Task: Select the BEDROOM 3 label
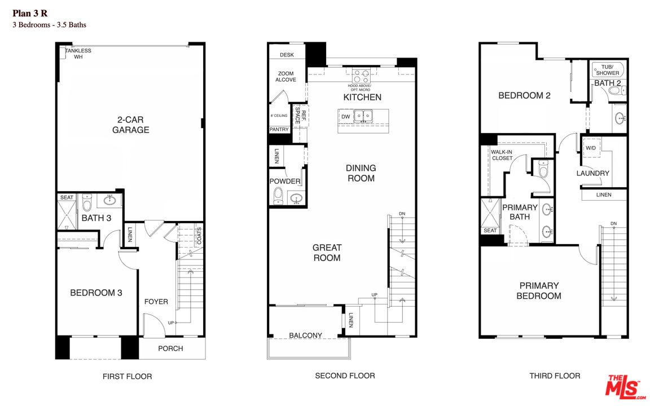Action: [x=96, y=293]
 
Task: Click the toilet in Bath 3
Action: [x=86, y=202]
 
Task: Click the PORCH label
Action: [x=170, y=348]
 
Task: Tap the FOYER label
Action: [x=156, y=302]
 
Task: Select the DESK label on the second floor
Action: [x=287, y=55]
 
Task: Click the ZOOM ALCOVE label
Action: [x=286, y=77]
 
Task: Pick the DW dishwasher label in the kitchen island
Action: [x=345, y=117]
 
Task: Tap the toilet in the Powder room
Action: [x=278, y=196]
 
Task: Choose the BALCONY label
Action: [x=305, y=336]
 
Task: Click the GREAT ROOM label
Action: [x=327, y=253]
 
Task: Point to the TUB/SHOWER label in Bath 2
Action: [x=607, y=69]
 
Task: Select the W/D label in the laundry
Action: [x=591, y=148]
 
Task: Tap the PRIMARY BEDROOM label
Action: [x=539, y=290]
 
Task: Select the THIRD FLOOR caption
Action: [x=554, y=376]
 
